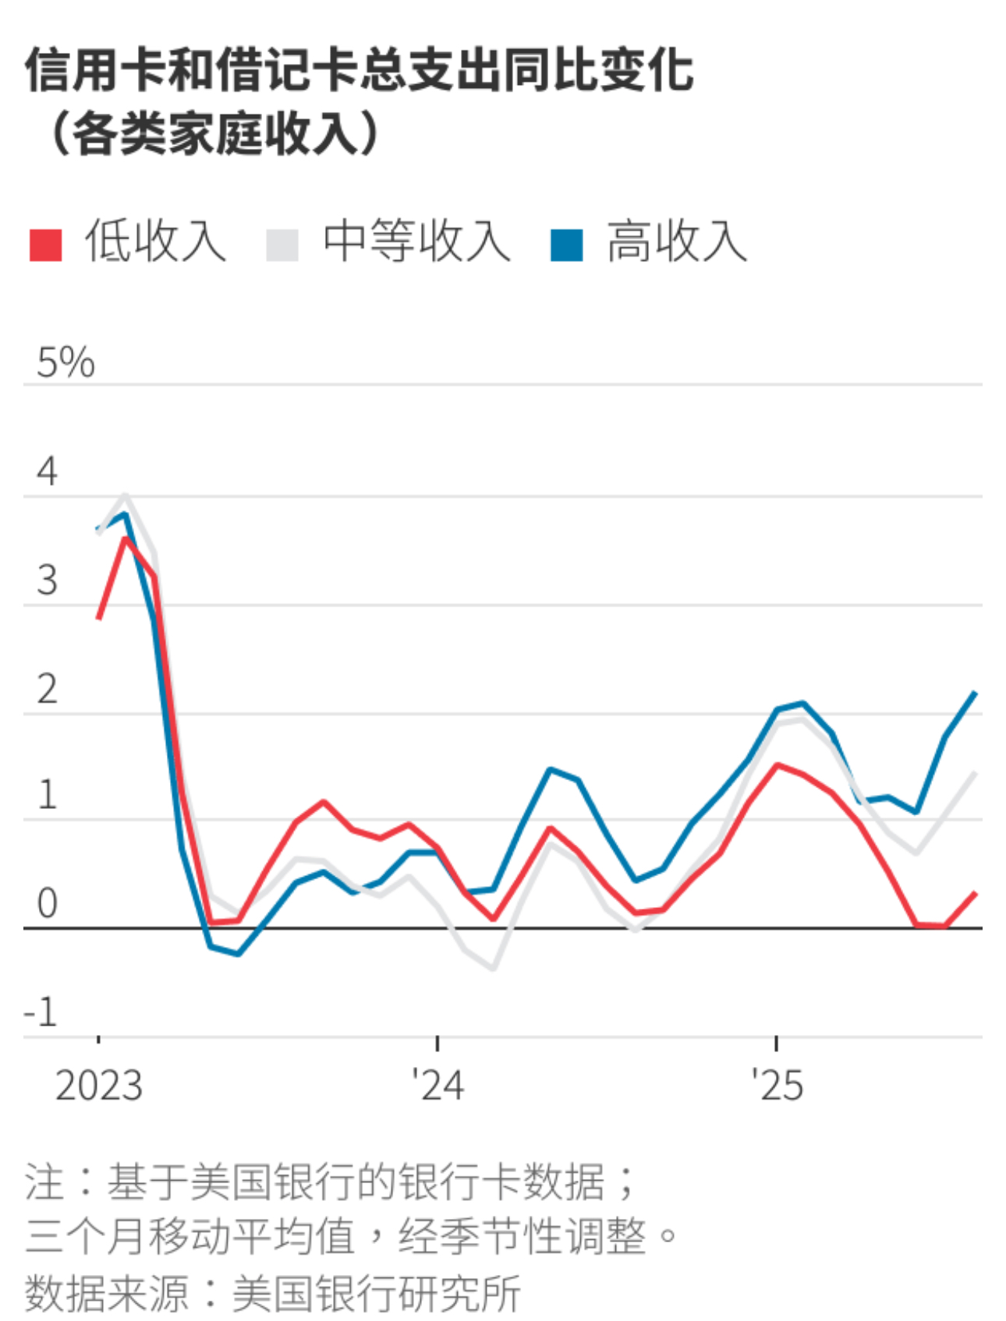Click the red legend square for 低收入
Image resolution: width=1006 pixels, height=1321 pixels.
coord(45,245)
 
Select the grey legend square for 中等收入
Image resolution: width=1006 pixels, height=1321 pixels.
coord(282,245)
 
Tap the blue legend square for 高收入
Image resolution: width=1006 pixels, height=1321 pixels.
coord(566,245)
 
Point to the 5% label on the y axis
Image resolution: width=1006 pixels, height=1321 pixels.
coord(66,362)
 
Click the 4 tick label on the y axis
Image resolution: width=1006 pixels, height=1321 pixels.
coord(47,472)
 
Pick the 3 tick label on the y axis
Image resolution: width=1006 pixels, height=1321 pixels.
coord(47,581)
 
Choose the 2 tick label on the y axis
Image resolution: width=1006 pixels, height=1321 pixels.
coord(47,690)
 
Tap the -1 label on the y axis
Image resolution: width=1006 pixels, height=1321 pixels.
coord(41,1012)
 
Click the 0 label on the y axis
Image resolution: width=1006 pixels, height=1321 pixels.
coord(47,903)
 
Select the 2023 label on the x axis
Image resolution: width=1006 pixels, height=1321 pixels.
coord(99,1086)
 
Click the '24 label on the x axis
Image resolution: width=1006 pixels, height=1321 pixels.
coord(437,1086)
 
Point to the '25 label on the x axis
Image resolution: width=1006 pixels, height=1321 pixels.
coord(777,1086)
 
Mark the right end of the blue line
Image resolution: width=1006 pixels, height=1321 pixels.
coord(975,693)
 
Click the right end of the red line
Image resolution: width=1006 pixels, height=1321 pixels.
coord(975,893)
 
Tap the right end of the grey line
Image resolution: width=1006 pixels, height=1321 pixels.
coord(975,773)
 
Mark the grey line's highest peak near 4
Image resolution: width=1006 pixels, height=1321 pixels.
coord(126,495)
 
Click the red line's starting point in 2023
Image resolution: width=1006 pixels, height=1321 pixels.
coord(98,618)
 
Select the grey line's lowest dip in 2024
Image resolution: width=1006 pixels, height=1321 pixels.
coord(494,969)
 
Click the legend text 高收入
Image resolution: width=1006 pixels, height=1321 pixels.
coord(677,242)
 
